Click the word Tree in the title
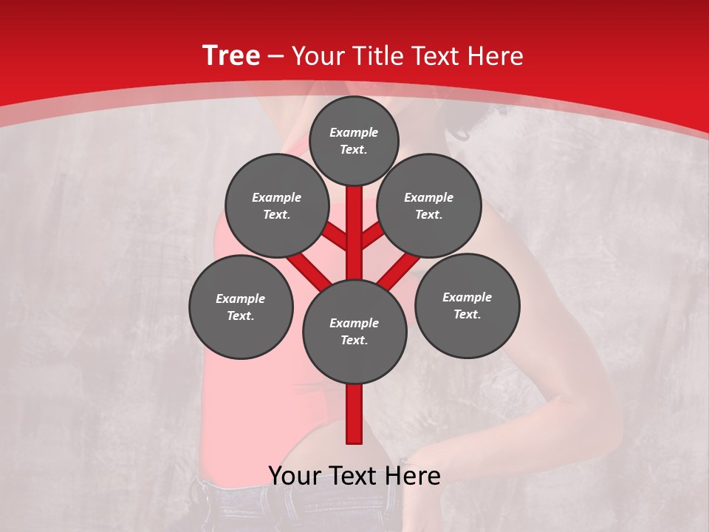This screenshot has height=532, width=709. [231, 56]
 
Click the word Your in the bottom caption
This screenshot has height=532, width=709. [295, 476]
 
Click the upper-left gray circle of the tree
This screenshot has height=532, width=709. [277, 205]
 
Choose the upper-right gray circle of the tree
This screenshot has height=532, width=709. [429, 205]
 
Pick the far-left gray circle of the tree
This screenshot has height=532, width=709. [241, 307]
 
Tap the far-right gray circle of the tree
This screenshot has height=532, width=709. [467, 305]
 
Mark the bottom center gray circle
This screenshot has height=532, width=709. [354, 332]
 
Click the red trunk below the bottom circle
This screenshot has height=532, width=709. [354, 414]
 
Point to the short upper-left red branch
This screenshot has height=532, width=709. [336, 238]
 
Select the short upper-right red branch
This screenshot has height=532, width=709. [372, 236]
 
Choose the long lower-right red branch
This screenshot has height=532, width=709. [399, 270]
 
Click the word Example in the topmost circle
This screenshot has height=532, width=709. [354, 132]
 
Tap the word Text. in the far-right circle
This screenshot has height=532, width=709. [467, 314]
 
